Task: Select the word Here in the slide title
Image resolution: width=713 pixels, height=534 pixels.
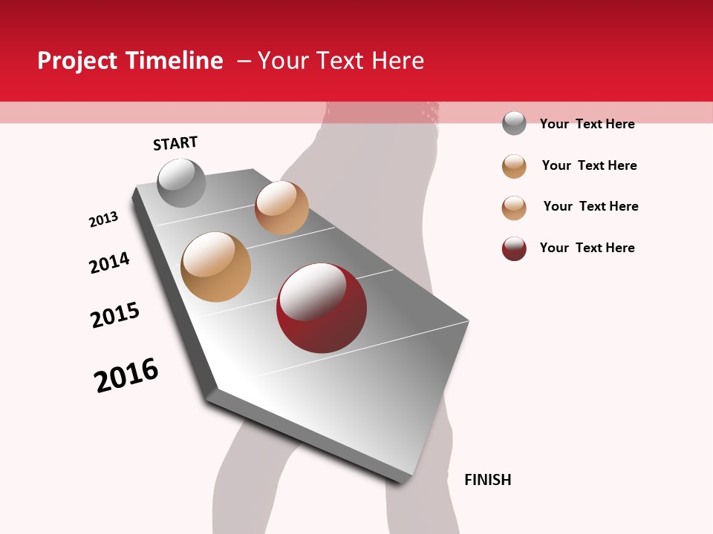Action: click(x=397, y=61)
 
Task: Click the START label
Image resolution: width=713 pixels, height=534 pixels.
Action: click(x=175, y=143)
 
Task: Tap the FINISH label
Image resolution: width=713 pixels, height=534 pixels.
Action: click(x=487, y=480)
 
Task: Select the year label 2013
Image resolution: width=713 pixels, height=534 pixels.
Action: click(x=103, y=220)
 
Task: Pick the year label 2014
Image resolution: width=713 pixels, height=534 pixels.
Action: click(x=109, y=263)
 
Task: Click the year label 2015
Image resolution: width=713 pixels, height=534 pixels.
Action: click(x=115, y=315)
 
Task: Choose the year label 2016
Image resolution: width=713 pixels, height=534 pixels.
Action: click(x=126, y=375)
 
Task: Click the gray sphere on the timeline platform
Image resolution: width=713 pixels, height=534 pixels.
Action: click(x=181, y=183)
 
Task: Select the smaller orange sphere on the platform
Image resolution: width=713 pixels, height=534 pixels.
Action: click(x=281, y=208)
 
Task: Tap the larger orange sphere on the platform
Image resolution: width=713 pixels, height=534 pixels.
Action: click(x=215, y=267)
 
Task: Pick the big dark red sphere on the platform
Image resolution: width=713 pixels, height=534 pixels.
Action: click(x=321, y=309)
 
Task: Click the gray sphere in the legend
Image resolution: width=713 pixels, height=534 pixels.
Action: click(x=514, y=123)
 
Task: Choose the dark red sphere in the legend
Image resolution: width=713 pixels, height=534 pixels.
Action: click(x=514, y=248)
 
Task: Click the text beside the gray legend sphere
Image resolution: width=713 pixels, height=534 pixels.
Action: click(x=587, y=124)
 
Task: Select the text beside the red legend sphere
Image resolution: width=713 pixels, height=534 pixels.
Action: click(x=587, y=248)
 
